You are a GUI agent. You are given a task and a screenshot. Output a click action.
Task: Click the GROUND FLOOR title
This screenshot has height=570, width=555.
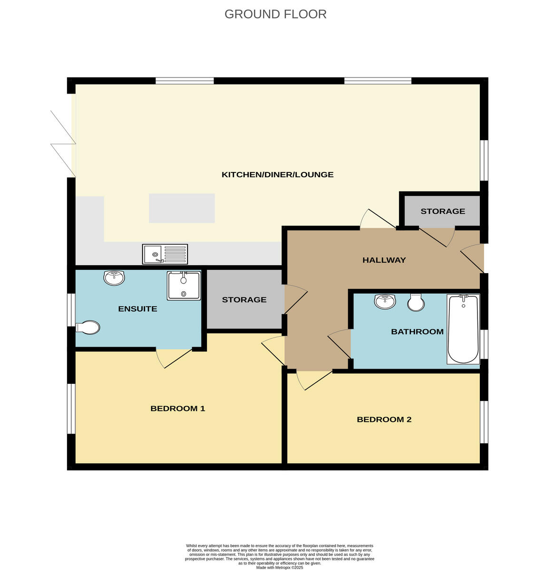click(x=275, y=14)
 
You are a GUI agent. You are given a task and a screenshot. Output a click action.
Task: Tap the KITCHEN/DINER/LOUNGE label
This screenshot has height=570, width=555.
click(x=277, y=174)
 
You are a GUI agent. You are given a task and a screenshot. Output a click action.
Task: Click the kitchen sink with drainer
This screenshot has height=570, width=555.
click(x=165, y=254)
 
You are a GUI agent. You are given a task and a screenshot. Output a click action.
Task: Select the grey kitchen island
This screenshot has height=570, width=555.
click(x=182, y=208)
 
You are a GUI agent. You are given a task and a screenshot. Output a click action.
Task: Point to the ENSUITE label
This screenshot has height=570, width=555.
click(x=137, y=309)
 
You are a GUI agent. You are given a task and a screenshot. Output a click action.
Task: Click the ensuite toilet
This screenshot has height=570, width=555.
click(x=88, y=327)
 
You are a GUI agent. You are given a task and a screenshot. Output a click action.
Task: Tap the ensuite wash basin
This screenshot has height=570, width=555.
click(x=114, y=277)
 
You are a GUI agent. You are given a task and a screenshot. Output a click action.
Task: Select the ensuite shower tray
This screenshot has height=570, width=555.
click(x=184, y=285)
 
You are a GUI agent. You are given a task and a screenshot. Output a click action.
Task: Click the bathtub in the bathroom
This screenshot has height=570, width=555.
click(x=463, y=329)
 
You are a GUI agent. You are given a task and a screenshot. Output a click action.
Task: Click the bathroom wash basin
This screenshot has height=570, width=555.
click(x=385, y=301)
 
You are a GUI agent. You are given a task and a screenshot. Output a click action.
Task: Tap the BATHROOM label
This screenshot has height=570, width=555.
click(x=417, y=332)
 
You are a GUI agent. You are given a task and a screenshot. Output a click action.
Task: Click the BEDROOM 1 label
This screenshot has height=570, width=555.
click(x=177, y=408)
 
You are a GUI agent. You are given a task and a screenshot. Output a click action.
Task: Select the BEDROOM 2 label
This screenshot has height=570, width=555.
click(x=384, y=419)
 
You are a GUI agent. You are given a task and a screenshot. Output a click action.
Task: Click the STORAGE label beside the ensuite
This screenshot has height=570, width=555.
click(x=244, y=300)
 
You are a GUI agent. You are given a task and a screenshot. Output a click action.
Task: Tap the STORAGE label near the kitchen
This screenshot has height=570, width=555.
click(x=442, y=211)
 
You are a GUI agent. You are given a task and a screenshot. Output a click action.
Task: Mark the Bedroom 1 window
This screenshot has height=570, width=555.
click(x=71, y=408)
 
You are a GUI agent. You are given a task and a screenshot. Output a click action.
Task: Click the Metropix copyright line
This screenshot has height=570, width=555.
click(x=280, y=567)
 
